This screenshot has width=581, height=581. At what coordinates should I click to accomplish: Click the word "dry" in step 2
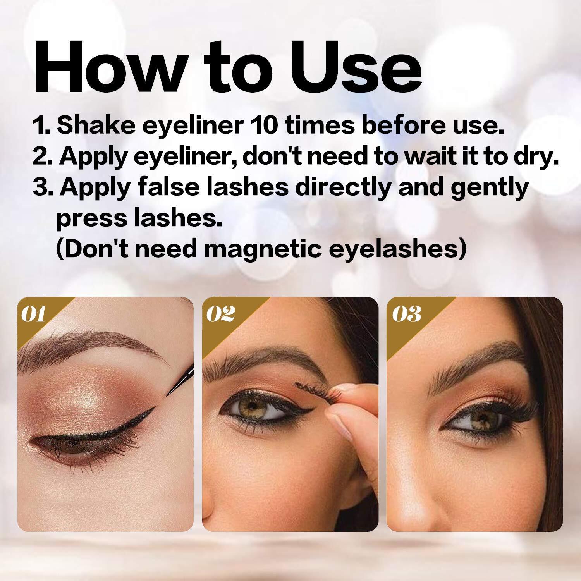point(531,157)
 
